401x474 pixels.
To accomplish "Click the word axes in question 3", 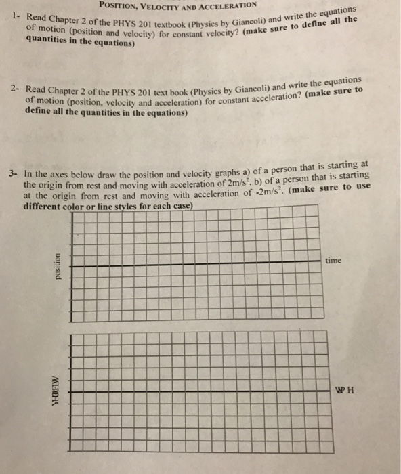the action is click(x=56, y=173).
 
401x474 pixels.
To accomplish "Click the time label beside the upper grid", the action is click(x=335, y=260).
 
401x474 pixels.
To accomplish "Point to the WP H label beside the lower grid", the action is click(x=345, y=390).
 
